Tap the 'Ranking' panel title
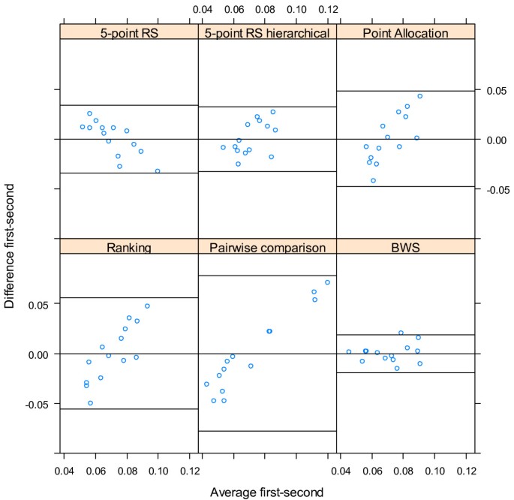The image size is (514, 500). point(128,247)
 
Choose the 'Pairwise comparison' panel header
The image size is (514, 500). point(267,247)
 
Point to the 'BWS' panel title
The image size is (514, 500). point(405,247)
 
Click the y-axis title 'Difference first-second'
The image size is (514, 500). point(10,247)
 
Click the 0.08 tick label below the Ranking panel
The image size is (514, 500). point(127,470)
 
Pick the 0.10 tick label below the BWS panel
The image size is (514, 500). point(435,470)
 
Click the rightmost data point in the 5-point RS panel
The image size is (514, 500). point(158,171)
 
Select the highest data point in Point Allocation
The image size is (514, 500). point(419,96)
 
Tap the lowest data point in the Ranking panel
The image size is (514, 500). point(90,403)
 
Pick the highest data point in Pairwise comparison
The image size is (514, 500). point(327,282)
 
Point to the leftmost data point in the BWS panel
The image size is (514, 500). point(349,351)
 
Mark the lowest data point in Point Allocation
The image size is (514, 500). point(373,181)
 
